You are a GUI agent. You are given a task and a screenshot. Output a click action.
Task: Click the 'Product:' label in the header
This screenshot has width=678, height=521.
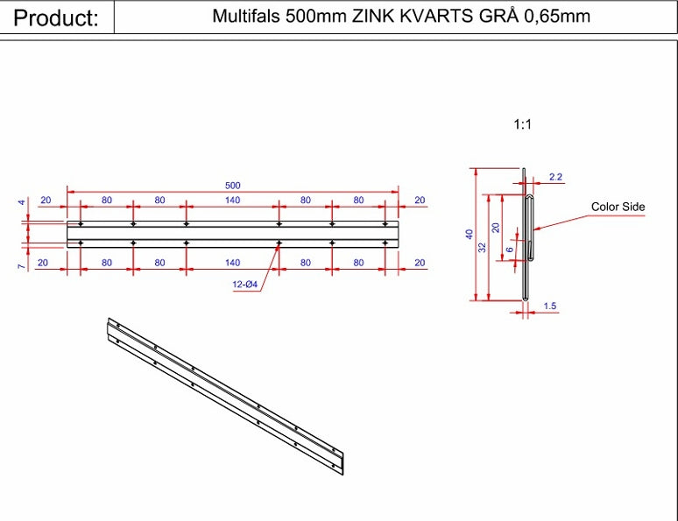pyautogui.click(x=56, y=18)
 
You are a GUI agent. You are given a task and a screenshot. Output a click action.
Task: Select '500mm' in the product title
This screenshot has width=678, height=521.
pyautogui.click(x=314, y=17)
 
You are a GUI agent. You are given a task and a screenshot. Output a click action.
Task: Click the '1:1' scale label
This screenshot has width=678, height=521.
pyautogui.click(x=522, y=125)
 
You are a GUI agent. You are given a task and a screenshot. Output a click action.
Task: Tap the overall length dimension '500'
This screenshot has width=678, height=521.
pyautogui.click(x=233, y=185)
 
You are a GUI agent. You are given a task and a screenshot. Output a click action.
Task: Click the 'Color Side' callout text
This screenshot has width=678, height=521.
pyautogui.click(x=618, y=208)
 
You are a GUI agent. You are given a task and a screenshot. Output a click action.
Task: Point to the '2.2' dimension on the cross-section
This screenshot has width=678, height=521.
pyautogui.click(x=554, y=177)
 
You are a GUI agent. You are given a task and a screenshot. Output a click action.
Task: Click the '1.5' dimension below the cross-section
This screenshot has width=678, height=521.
pyautogui.click(x=550, y=306)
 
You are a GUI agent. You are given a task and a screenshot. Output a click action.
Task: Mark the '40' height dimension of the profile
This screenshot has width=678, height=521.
pyautogui.click(x=470, y=234)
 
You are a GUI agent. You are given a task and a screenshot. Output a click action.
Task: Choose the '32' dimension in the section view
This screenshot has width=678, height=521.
pyautogui.click(x=482, y=248)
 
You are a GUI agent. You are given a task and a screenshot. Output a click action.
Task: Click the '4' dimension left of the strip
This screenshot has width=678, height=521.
pyautogui.click(x=22, y=202)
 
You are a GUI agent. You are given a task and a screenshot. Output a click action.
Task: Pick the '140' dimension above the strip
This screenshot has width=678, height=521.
pyautogui.click(x=232, y=201)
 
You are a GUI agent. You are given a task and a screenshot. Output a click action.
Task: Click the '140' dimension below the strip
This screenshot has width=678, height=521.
pyautogui.click(x=232, y=263)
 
